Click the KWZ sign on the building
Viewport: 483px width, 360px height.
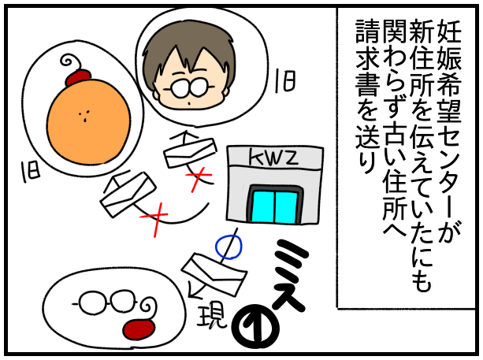click(273, 157)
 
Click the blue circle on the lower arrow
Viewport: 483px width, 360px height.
click(228, 247)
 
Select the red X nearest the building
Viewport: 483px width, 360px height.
click(198, 179)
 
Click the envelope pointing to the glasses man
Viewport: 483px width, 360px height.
click(189, 151)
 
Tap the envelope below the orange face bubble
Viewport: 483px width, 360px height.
click(128, 193)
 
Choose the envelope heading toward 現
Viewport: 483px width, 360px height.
click(214, 274)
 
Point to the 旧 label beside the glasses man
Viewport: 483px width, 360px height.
click(285, 81)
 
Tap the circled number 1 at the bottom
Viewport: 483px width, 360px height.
click(255, 326)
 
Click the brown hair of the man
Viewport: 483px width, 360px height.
click(188, 52)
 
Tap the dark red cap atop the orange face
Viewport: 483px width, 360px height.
click(79, 78)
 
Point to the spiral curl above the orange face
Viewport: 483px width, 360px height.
click(72, 63)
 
